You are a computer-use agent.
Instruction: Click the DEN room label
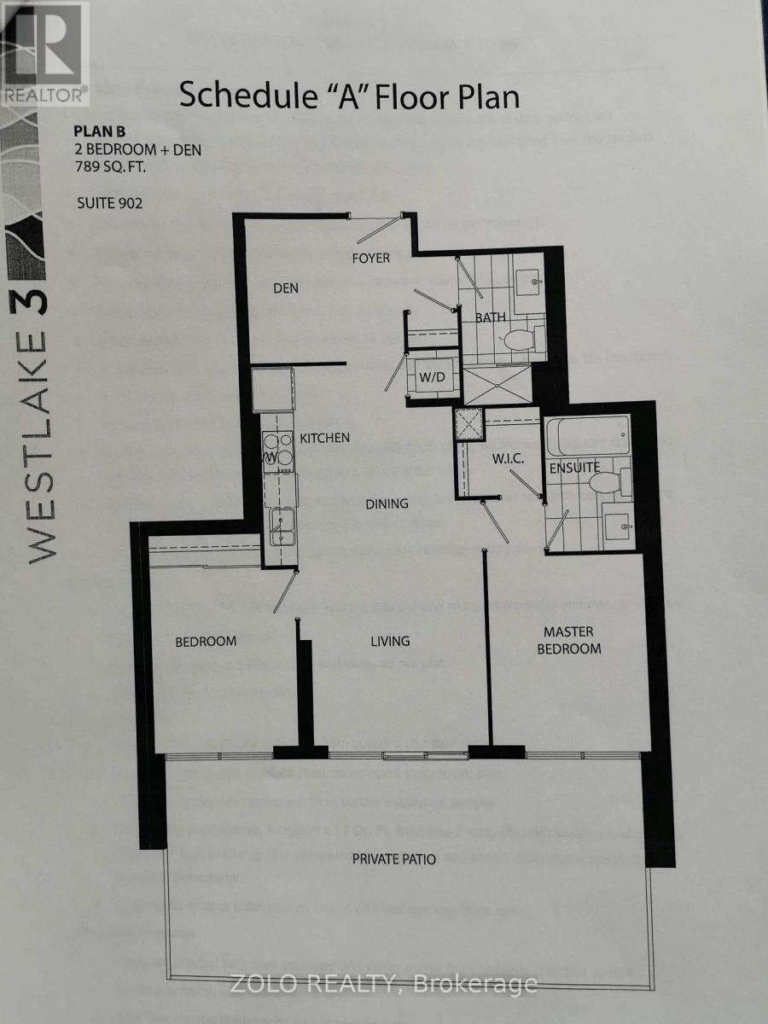pos(286,288)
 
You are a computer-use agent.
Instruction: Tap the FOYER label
pos(370,258)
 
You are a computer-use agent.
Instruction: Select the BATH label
pos(491,317)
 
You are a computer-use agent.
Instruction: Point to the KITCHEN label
pos(324,438)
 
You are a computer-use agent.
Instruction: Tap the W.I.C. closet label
pos(507,460)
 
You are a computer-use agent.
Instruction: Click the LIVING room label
pos(390,641)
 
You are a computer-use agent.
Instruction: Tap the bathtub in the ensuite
pos(587,435)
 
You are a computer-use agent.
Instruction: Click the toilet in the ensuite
pos(604,484)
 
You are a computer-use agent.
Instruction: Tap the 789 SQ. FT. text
pos(109,166)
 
